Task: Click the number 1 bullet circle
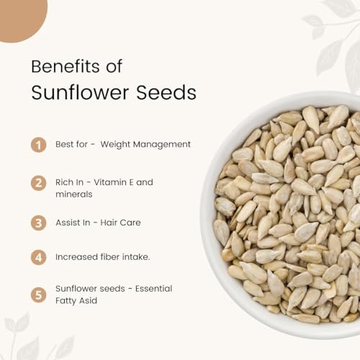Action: click(x=38, y=145)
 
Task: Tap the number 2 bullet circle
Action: click(x=38, y=183)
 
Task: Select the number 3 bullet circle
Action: click(x=38, y=223)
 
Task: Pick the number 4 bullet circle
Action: click(x=38, y=257)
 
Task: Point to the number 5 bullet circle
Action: click(x=38, y=294)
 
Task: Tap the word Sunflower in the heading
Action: click(x=80, y=92)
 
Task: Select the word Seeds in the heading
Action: click(x=166, y=93)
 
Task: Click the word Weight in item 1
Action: click(x=115, y=145)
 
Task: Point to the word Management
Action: click(x=162, y=145)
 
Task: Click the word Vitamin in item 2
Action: click(x=110, y=182)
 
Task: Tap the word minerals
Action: click(x=74, y=194)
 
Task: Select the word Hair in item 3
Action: click(x=108, y=222)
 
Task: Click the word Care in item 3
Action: click(x=130, y=222)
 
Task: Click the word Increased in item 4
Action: click(x=76, y=257)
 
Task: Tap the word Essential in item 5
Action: click(x=154, y=289)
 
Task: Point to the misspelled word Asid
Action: click(x=88, y=300)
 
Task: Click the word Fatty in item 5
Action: click(x=66, y=301)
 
